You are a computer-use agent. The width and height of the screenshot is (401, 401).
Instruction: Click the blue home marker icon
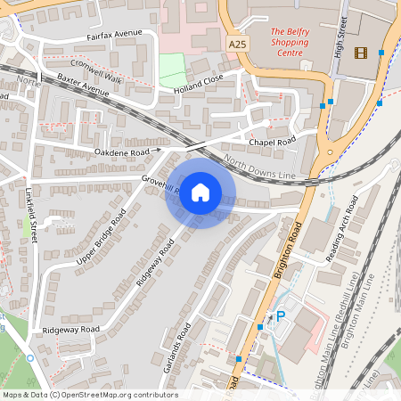(x=200, y=192)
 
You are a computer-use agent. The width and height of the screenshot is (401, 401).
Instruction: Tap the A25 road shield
(x=237, y=44)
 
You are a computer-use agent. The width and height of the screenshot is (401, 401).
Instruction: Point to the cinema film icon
(x=360, y=53)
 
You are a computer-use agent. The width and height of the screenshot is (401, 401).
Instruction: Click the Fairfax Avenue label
(x=114, y=36)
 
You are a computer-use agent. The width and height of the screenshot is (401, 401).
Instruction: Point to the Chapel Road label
(x=272, y=143)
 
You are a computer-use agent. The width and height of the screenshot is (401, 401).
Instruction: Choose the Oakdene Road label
(x=122, y=152)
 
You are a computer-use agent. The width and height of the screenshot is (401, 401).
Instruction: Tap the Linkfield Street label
(x=31, y=217)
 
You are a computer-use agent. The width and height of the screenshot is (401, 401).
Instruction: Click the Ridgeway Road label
(x=70, y=329)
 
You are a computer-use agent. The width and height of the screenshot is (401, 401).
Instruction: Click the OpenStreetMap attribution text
(x=90, y=395)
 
